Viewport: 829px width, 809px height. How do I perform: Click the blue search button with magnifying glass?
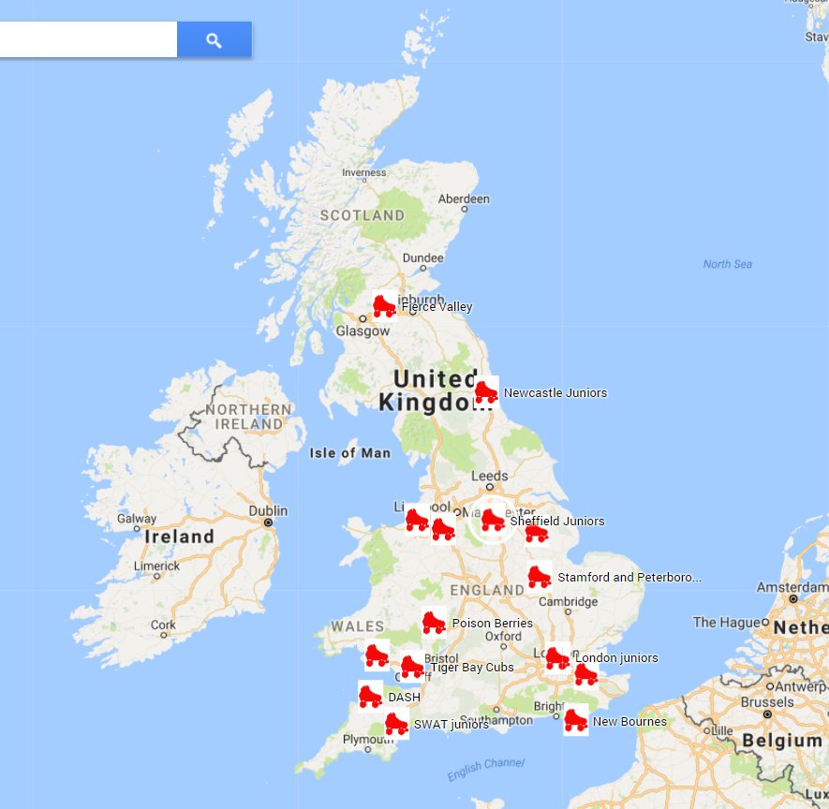point(215,40)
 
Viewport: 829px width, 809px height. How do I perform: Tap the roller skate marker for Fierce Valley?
point(384,306)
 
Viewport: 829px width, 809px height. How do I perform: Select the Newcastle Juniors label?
point(555,393)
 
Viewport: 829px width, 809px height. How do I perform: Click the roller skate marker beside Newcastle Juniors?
point(486,390)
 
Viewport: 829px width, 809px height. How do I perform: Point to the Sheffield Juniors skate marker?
point(493,520)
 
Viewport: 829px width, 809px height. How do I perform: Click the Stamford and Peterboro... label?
point(629,578)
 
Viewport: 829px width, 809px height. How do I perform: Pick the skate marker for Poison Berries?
point(433,622)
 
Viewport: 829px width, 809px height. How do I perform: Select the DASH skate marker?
point(370,696)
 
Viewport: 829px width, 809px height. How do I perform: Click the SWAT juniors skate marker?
point(396,724)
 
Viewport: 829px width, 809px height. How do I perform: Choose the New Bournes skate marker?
point(575,720)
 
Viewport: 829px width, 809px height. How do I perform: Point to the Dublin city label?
point(269,511)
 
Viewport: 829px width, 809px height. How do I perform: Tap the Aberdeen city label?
point(464,199)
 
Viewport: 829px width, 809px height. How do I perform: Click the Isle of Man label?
point(349,453)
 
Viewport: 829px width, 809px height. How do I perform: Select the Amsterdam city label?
point(792,587)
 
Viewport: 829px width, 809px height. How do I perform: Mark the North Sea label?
point(727,264)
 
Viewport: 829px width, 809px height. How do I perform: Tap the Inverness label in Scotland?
point(363,172)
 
